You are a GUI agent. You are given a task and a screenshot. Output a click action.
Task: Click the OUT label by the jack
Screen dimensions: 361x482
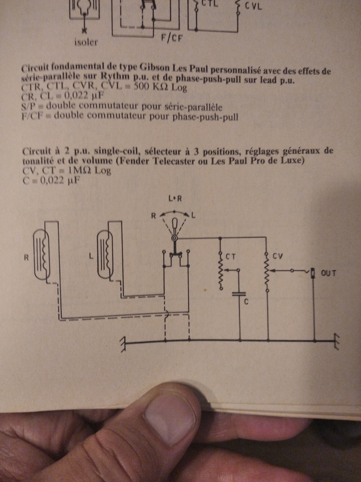(x=328, y=274)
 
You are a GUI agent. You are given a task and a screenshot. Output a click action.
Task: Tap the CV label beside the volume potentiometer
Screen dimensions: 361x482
(x=278, y=256)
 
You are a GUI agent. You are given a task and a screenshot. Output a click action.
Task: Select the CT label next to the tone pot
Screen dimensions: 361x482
(x=231, y=257)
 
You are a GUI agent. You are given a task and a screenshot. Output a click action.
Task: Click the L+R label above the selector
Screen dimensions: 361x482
(x=175, y=199)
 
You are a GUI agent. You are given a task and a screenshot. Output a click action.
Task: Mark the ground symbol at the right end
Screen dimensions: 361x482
(x=336, y=341)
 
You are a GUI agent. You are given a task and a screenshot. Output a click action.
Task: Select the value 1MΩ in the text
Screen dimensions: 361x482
(x=80, y=171)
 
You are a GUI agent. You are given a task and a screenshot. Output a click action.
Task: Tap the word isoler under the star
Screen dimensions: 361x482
(x=86, y=43)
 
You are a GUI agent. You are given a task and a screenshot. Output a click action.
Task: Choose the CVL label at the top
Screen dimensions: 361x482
(x=253, y=6)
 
